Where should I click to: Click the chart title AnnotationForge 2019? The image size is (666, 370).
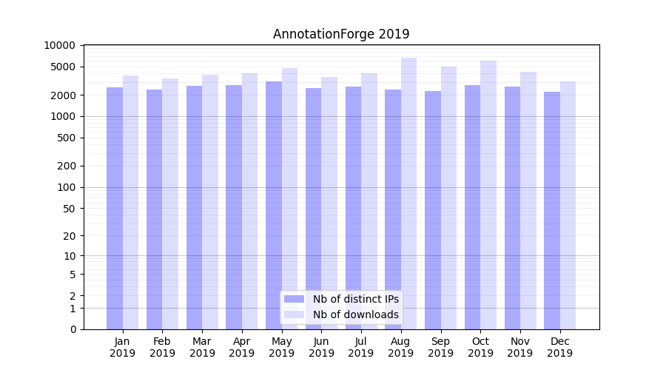coord(341,34)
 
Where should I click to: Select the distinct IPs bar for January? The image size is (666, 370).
coord(115,208)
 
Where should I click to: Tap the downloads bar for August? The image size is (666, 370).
coord(408,193)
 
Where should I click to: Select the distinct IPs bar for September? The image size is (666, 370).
coord(433,210)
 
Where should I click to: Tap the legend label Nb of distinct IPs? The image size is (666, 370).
coord(355,299)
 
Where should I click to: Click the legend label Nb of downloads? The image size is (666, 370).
coord(355,314)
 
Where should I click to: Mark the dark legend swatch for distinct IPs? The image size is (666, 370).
coord(294,299)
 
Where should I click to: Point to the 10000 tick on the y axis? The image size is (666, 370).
coord(59,45)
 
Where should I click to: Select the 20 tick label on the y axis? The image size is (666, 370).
coord(69,236)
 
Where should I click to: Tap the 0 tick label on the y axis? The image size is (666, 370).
coord(73,329)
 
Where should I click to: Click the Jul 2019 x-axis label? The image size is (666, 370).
coord(361,347)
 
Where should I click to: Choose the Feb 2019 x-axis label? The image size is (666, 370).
coord(162,347)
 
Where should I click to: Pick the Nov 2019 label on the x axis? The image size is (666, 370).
coord(520,347)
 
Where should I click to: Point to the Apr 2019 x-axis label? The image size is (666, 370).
coord(242,347)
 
